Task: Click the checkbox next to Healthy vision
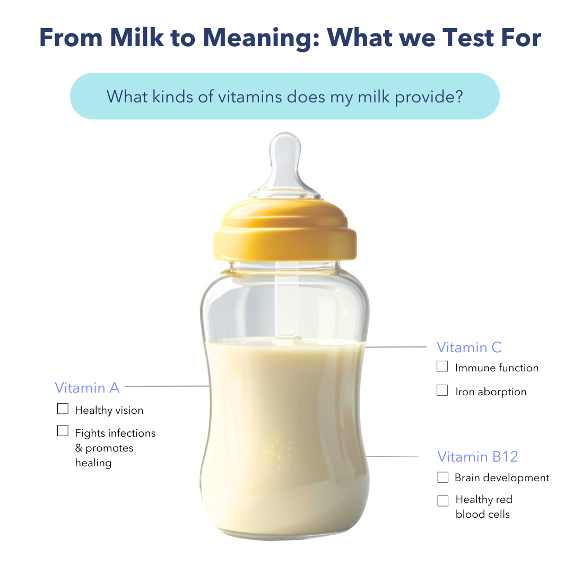63,409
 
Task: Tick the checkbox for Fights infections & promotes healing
63,430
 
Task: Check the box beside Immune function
442,366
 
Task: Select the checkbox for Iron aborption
442,390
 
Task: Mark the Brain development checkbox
443,477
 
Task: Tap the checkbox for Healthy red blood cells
443,501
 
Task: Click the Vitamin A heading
87,388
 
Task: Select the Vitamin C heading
469,348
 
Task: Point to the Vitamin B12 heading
477,457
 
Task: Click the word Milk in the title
137,38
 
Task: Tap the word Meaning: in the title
261,38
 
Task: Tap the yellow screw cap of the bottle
285,230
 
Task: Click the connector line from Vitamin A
167,386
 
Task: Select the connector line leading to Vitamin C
396,347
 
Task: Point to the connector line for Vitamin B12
392,456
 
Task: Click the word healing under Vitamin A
93,463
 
